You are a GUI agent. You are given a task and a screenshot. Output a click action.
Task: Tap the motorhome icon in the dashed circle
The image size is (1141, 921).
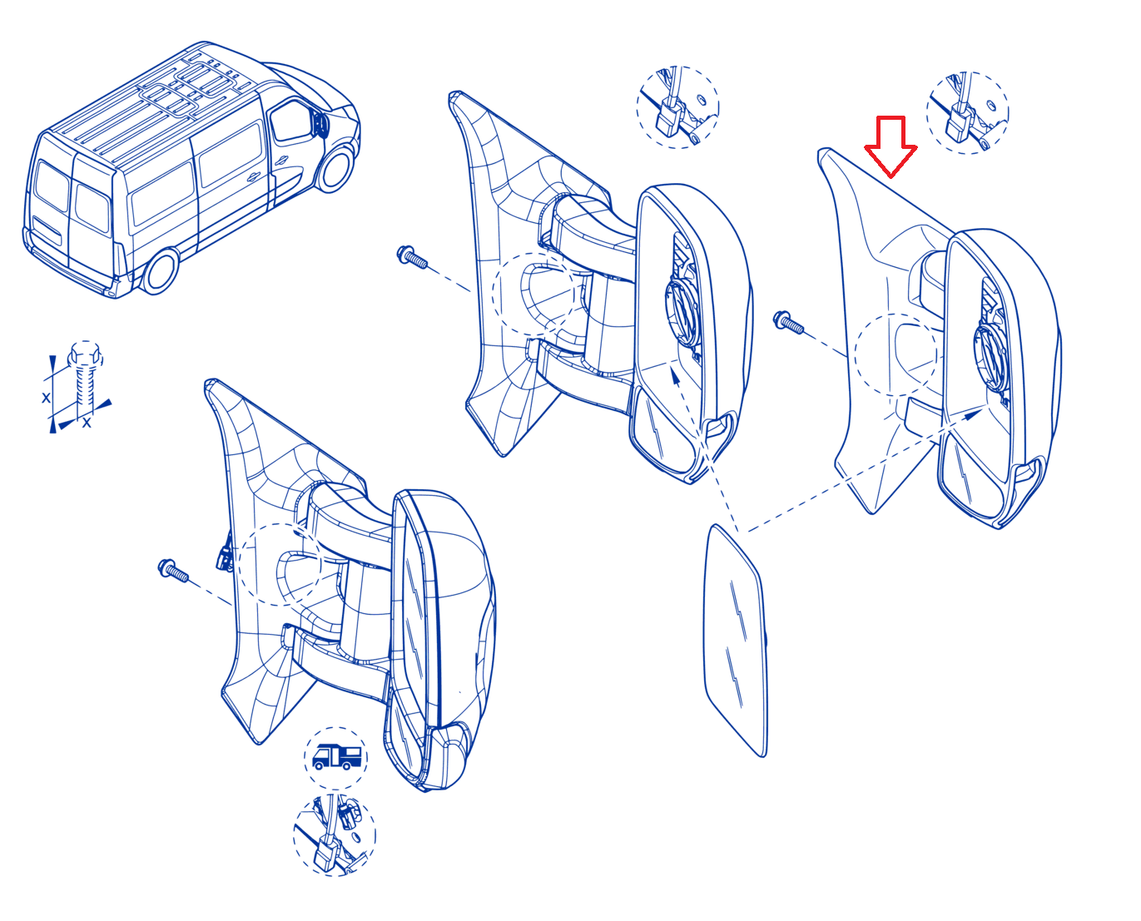coord(336,757)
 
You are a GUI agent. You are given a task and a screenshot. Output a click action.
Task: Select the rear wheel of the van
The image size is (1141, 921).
coord(160,272)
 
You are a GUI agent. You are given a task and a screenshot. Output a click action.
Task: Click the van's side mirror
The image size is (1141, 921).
coord(320,125)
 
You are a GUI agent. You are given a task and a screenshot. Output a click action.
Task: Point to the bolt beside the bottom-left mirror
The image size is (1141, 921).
coord(173,570)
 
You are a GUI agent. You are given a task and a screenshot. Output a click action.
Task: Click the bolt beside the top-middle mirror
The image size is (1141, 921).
coord(411,256)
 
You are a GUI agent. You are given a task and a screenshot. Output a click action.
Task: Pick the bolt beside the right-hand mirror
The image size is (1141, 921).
coord(788,322)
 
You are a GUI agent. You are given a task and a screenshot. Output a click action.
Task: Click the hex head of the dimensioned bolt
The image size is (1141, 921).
coord(85,354)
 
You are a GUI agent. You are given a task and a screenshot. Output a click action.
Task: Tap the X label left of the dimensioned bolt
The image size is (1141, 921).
coord(46,398)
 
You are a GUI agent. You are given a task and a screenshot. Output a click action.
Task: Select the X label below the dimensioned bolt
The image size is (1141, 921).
coord(87,423)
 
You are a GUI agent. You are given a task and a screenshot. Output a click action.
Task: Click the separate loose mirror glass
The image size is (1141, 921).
coord(735,640)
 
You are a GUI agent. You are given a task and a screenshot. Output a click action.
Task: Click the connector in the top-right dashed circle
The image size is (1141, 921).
coord(960,123)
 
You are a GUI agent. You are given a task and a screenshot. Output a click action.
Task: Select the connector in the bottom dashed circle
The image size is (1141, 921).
coord(327,852)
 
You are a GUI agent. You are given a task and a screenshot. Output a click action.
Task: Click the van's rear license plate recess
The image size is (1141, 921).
coord(47,229)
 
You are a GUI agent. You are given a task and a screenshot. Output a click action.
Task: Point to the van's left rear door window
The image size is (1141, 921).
coord(52,186)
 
